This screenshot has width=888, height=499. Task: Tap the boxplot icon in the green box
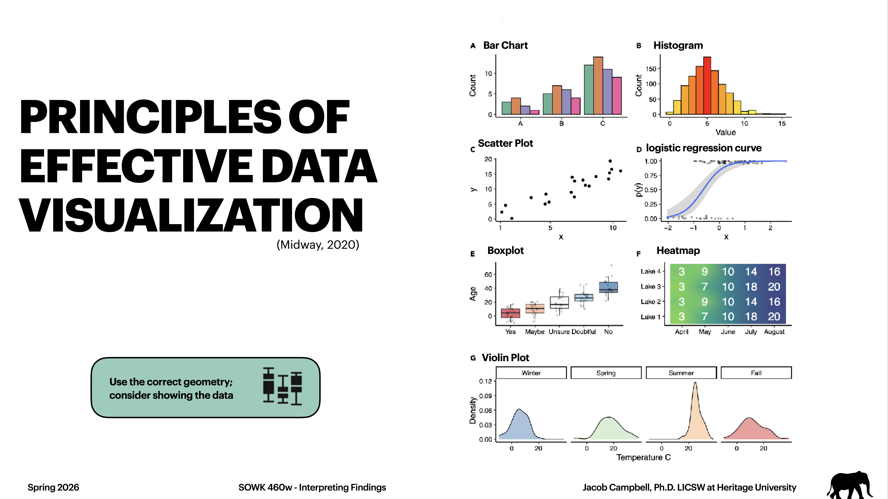(282, 386)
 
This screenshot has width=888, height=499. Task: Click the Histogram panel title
(678, 45)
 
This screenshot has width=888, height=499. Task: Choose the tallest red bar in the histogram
(707, 85)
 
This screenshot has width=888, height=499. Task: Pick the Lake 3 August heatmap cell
(774, 287)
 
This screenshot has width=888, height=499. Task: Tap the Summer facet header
(681, 373)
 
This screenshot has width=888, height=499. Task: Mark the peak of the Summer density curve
(695, 383)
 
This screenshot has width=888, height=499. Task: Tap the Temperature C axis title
(643, 457)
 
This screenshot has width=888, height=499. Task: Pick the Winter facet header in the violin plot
(531, 373)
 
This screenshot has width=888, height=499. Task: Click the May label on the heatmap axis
(705, 332)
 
